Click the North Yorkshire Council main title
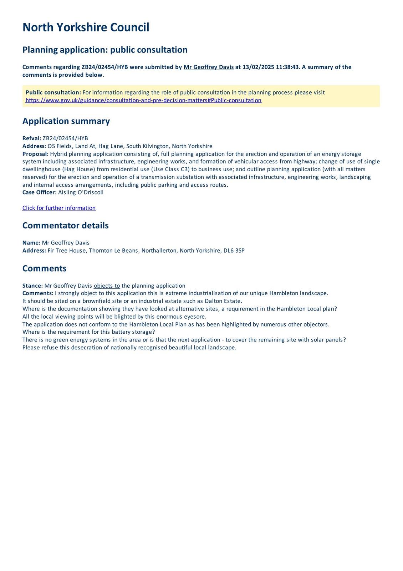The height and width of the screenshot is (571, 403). coord(86,27)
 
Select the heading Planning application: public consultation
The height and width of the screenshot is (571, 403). coord(105,50)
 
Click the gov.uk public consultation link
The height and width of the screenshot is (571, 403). coord(143,100)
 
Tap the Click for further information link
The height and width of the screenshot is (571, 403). coord(59,208)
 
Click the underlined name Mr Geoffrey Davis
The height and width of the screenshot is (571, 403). coord(209,67)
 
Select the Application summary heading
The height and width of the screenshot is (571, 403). coord(66,121)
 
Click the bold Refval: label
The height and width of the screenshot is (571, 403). coord(32,138)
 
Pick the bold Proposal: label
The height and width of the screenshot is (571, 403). coord(35,154)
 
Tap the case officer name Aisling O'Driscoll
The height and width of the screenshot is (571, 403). coord(81,192)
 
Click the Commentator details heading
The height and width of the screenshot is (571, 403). coord(65,226)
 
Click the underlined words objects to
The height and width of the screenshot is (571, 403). coord(107,286)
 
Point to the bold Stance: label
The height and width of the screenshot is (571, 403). coord(32,286)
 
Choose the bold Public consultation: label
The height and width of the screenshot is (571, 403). coord(53,92)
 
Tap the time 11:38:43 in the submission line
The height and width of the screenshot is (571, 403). coord(288,67)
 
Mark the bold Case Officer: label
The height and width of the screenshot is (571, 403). coord(39,192)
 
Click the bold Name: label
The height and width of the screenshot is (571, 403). coord(31,243)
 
